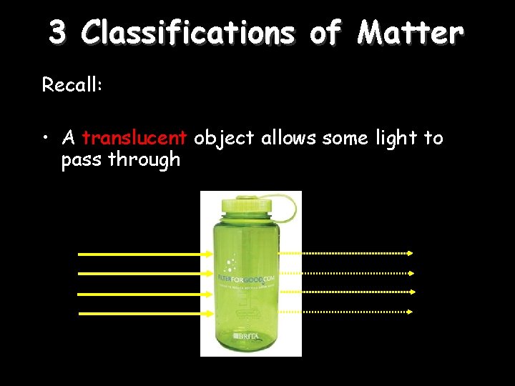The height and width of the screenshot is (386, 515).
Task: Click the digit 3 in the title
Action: tap(59, 32)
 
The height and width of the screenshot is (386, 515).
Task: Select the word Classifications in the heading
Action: tap(187, 32)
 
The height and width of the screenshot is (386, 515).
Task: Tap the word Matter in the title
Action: tap(411, 32)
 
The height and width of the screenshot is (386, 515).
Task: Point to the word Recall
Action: tap(72, 85)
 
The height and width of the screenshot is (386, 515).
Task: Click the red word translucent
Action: tap(134, 137)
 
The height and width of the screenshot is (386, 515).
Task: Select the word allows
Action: tap(289, 137)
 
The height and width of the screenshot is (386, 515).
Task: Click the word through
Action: tap(144, 159)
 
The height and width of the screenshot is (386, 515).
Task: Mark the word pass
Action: tap(82, 159)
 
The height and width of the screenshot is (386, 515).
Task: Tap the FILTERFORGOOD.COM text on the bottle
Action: tap(247, 277)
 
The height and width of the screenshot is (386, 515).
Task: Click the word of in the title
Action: tap(325, 32)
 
